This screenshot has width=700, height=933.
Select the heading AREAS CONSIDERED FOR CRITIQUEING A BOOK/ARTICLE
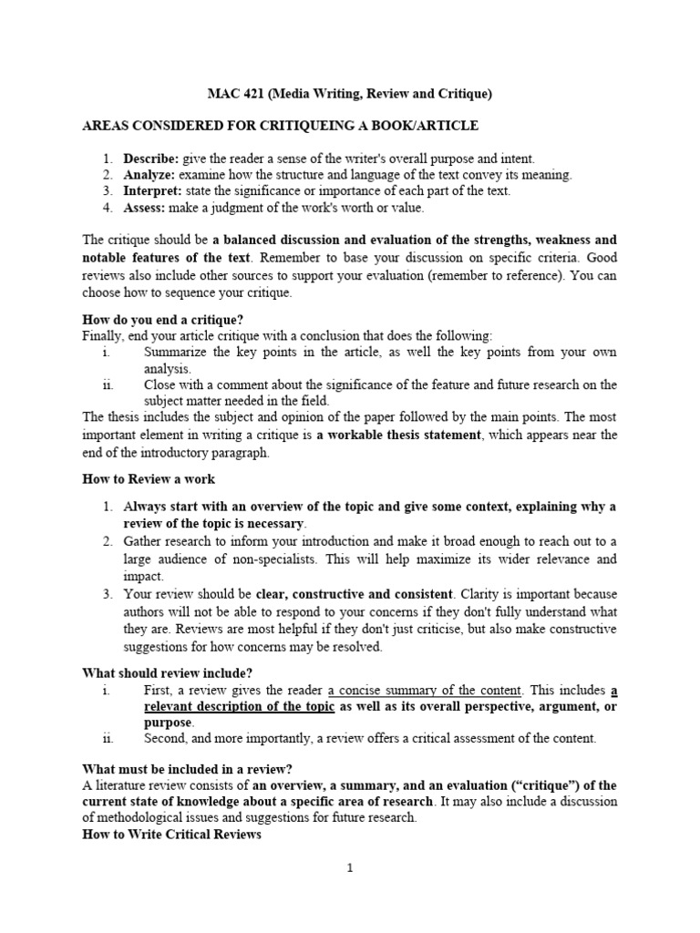(281, 126)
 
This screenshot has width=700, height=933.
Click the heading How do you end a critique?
(162, 320)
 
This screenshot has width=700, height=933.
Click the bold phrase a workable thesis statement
(399, 436)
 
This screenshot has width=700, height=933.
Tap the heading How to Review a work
(149, 479)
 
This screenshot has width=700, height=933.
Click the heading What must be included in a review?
(188, 769)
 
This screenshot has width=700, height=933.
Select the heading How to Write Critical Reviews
(171, 835)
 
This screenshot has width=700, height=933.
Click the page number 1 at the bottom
(349, 868)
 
